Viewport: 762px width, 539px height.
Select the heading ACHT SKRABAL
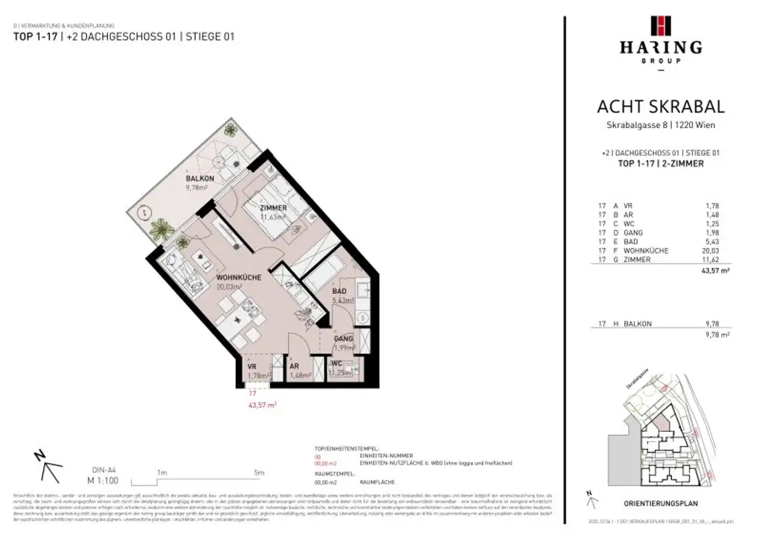661,108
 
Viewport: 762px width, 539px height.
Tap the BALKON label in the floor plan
200,179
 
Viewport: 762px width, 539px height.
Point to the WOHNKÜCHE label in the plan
238,278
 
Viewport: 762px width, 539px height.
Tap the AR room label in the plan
295,367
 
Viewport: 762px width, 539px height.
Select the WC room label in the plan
336,363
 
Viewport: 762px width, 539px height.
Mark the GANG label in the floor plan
343,339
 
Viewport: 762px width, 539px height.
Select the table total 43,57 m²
714,272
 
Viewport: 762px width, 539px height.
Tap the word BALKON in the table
638,324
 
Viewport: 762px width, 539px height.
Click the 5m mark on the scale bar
259,472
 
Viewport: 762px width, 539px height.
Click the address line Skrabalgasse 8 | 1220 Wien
661,125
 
